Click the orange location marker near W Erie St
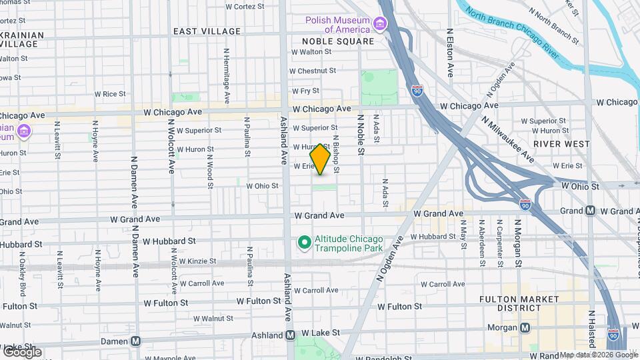[x=320, y=159]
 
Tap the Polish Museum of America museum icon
[x=380, y=25]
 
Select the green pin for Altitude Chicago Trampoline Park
[x=304, y=243]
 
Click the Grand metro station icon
[x=591, y=211]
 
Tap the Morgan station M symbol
[x=525, y=327]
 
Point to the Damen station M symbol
[x=136, y=341]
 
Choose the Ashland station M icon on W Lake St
[x=291, y=335]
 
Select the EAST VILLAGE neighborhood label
[x=207, y=31]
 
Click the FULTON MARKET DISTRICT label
[x=519, y=303]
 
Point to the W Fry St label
[x=305, y=91]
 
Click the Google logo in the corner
[x=21, y=351]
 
